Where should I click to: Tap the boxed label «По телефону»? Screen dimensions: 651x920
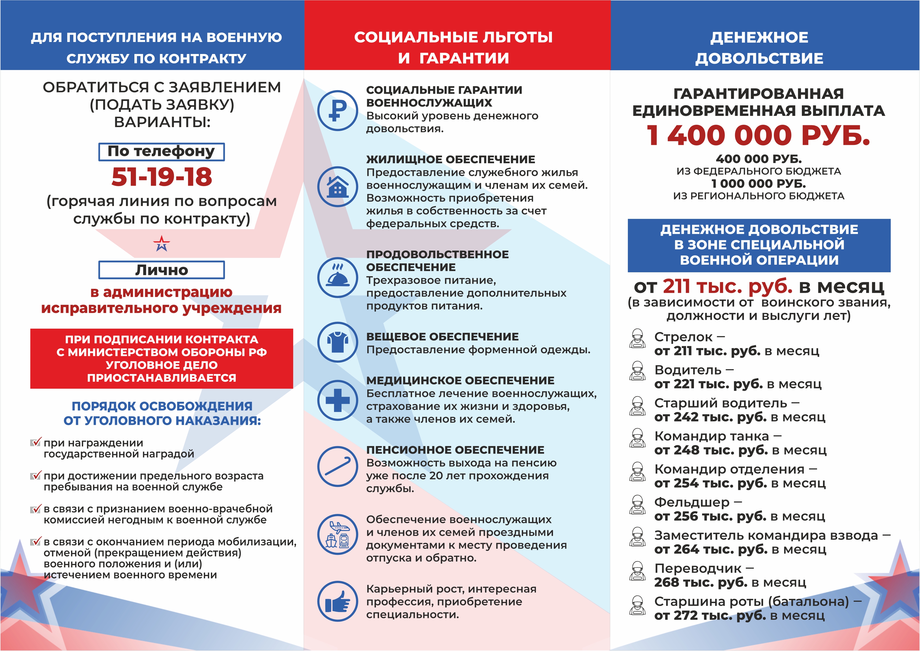point(161,151)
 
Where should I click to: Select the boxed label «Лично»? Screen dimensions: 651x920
point(161,270)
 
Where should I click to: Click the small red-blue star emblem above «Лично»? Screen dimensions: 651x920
point(161,243)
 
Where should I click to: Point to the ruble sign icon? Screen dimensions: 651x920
point(337,110)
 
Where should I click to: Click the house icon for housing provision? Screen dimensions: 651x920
point(337,186)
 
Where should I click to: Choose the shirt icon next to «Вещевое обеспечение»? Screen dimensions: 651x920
point(337,342)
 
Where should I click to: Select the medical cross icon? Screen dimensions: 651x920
point(337,400)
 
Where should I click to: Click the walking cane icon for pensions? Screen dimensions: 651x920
point(337,466)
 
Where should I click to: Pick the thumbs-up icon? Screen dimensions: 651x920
point(337,601)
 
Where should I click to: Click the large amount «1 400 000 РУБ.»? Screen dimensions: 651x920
point(759,135)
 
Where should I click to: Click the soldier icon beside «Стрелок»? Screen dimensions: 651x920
point(637,339)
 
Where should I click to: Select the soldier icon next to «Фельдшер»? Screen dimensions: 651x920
point(637,504)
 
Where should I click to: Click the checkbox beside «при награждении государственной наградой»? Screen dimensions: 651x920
point(35,443)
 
